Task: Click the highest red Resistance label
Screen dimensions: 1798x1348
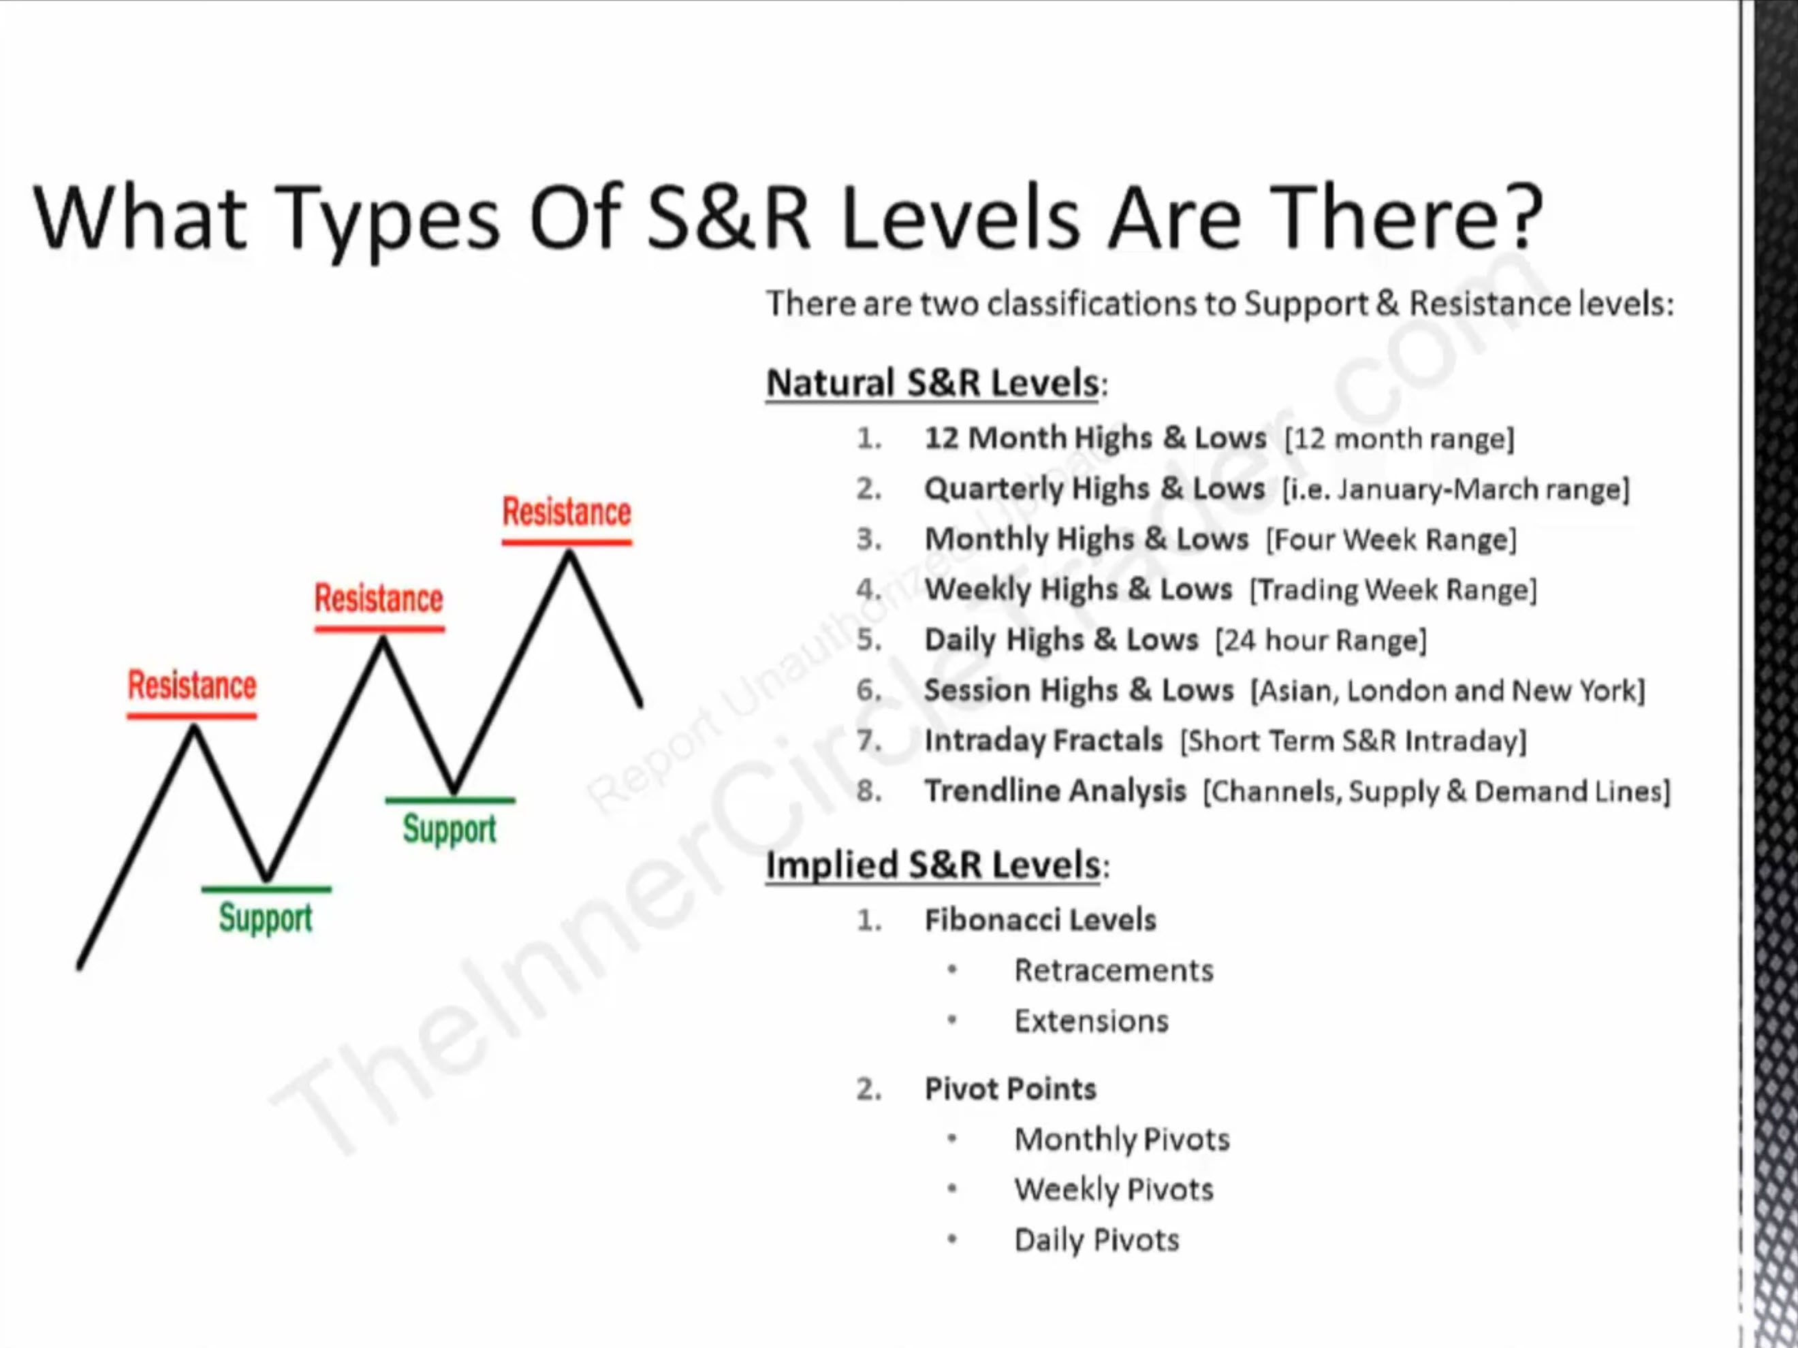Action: pos(567,512)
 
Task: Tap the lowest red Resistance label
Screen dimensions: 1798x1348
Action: pos(192,685)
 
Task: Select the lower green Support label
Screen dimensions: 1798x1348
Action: pos(266,918)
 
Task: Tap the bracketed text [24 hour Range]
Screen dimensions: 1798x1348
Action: pos(1321,640)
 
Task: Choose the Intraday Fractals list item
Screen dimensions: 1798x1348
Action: pos(1043,740)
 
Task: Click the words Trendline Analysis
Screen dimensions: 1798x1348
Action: pos(1055,790)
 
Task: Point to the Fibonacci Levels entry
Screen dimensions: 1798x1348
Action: pos(1041,920)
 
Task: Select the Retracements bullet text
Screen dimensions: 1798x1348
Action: pos(1114,970)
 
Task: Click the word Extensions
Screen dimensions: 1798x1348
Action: pos(1092,1021)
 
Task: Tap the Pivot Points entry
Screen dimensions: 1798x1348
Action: pos(1011,1089)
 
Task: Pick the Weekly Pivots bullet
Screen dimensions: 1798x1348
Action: pos(1114,1189)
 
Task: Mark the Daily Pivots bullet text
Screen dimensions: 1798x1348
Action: pos(1097,1240)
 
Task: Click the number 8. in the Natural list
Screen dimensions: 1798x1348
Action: pos(869,790)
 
